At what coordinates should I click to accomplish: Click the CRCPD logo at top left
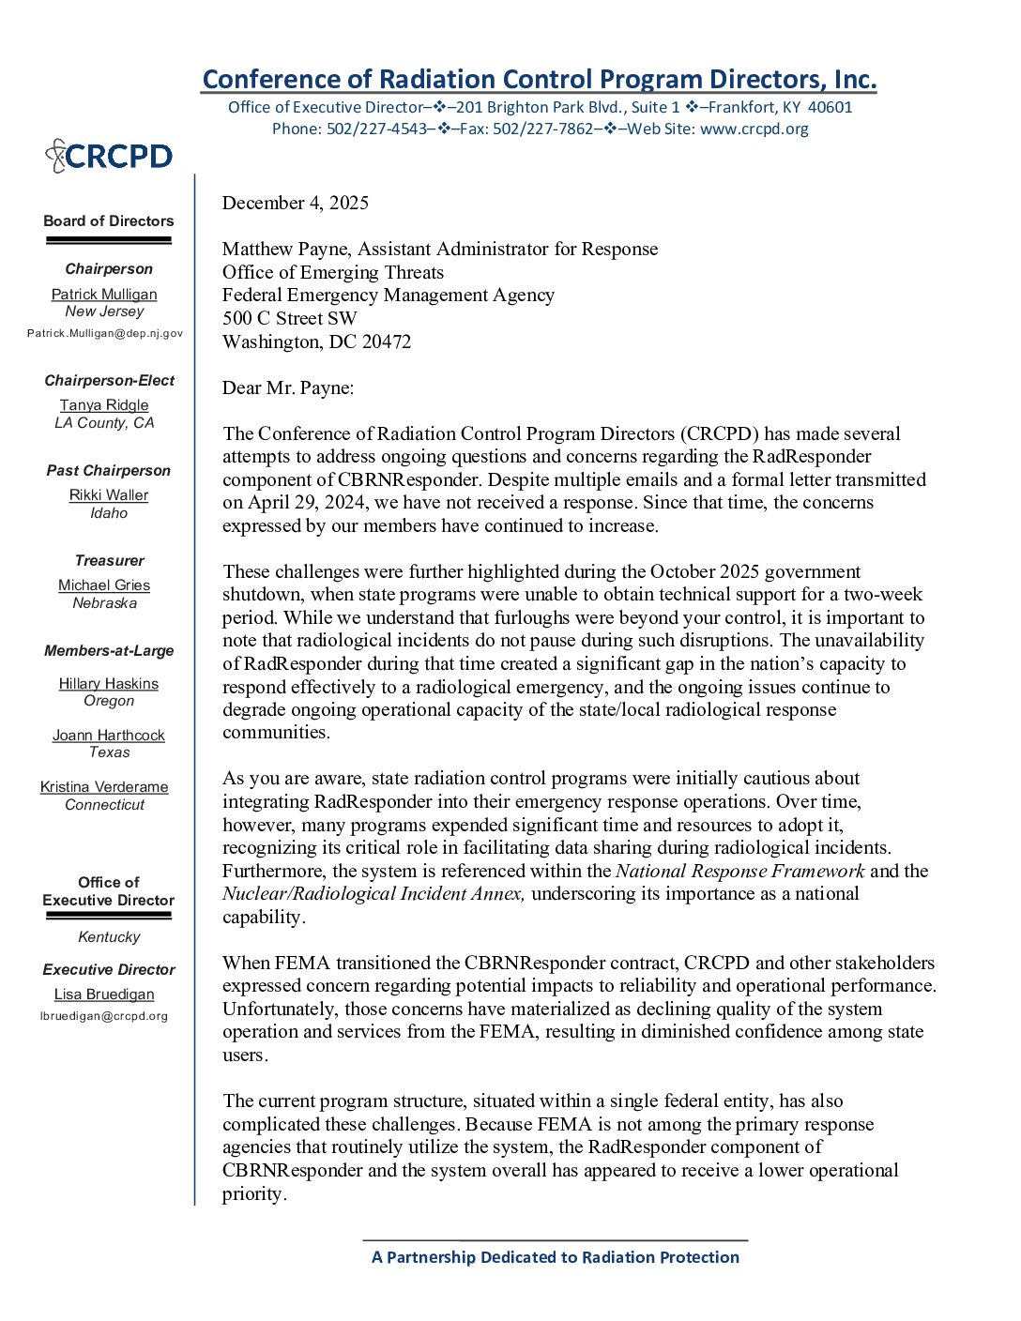(x=109, y=156)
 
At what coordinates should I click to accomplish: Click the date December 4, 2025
(x=296, y=203)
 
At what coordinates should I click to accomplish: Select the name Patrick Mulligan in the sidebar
(x=104, y=295)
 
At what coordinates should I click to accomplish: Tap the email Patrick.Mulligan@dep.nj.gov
(x=105, y=333)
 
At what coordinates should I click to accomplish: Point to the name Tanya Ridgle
(x=104, y=405)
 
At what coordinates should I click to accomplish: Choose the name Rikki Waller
(x=109, y=495)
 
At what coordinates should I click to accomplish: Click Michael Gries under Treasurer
(x=104, y=585)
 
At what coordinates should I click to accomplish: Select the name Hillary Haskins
(x=109, y=684)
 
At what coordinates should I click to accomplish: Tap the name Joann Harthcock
(x=109, y=736)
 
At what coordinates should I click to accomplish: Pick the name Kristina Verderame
(x=104, y=787)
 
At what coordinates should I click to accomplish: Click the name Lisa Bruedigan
(x=104, y=995)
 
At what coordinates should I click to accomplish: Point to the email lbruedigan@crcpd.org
(x=104, y=1016)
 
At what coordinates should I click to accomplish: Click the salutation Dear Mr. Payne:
(x=288, y=387)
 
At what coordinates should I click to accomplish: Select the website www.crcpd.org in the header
(x=754, y=129)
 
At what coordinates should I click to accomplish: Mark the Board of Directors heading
(x=109, y=221)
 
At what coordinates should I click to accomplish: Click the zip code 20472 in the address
(x=387, y=342)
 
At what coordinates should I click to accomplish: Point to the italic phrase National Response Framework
(x=739, y=871)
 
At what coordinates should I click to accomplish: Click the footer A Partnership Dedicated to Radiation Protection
(x=556, y=1257)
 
